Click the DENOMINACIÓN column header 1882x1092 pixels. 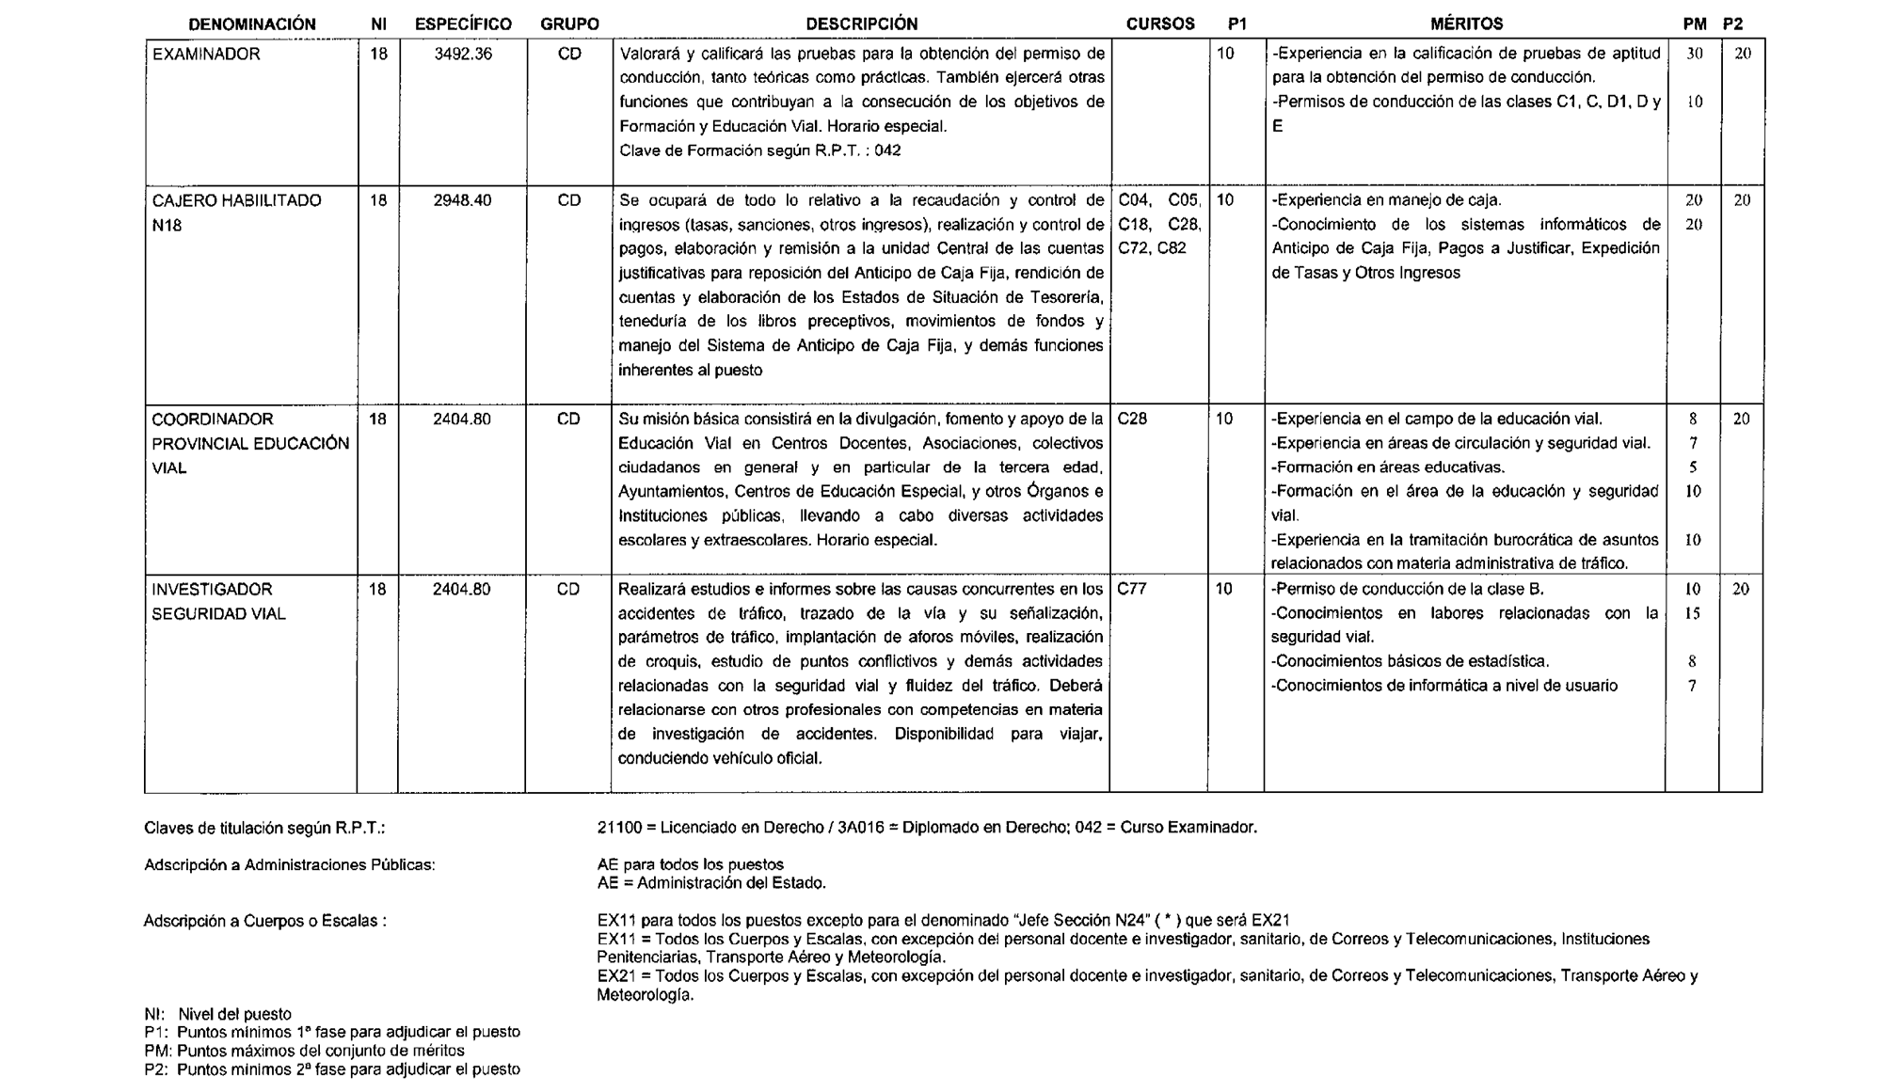coord(251,24)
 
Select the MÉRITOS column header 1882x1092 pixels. coord(1466,24)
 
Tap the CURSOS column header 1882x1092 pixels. coord(1159,24)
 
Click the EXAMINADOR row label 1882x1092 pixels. coord(206,55)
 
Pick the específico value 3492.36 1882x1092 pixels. coord(463,55)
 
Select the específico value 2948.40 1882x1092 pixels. coord(462,200)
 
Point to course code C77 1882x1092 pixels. coord(1132,590)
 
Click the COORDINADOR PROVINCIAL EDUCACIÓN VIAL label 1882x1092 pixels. coord(249,443)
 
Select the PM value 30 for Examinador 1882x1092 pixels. coord(1694,55)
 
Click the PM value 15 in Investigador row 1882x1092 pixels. coord(1692,613)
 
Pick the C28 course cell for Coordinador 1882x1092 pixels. coord(1132,419)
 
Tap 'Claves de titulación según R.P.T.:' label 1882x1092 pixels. coord(264,829)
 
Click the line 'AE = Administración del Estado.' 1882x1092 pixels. coord(711,883)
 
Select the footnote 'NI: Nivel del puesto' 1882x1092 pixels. coord(218,1014)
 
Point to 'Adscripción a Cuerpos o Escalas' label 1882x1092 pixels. coord(264,921)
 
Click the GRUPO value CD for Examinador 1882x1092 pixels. coord(569,55)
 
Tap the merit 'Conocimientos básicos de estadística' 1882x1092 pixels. coord(1410,661)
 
